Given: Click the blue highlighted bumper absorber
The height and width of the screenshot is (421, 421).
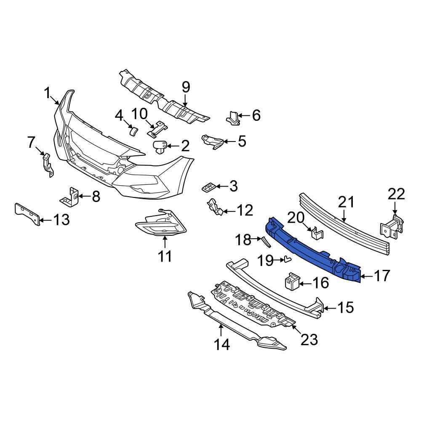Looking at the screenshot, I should click(x=312, y=248).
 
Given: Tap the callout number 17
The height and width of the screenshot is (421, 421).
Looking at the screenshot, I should click(x=382, y=276).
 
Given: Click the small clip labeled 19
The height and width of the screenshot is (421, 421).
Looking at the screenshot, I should click(x=288, y=259).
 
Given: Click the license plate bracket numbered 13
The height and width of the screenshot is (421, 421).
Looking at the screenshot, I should click(x=28, y=215).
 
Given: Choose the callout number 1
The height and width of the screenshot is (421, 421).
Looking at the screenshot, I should click(x=48, y=93).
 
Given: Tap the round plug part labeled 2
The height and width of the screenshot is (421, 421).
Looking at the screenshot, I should click(x=160, y=147).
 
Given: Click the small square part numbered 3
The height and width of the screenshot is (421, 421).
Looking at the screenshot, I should click(x=209, y=187).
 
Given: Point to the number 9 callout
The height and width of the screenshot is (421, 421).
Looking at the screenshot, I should click(x=186, y=87).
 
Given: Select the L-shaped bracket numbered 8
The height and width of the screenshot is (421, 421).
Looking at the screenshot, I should click(x=71, y=196).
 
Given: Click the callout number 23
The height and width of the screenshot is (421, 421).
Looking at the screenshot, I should click(x=309, y=339).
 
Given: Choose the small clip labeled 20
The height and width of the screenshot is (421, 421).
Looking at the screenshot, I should click(x=316, y=233).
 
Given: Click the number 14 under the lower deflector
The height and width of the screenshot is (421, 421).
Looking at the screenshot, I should click(x=221, y=345).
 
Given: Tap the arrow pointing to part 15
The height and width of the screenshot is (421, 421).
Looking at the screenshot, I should click(x=330, y=308).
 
